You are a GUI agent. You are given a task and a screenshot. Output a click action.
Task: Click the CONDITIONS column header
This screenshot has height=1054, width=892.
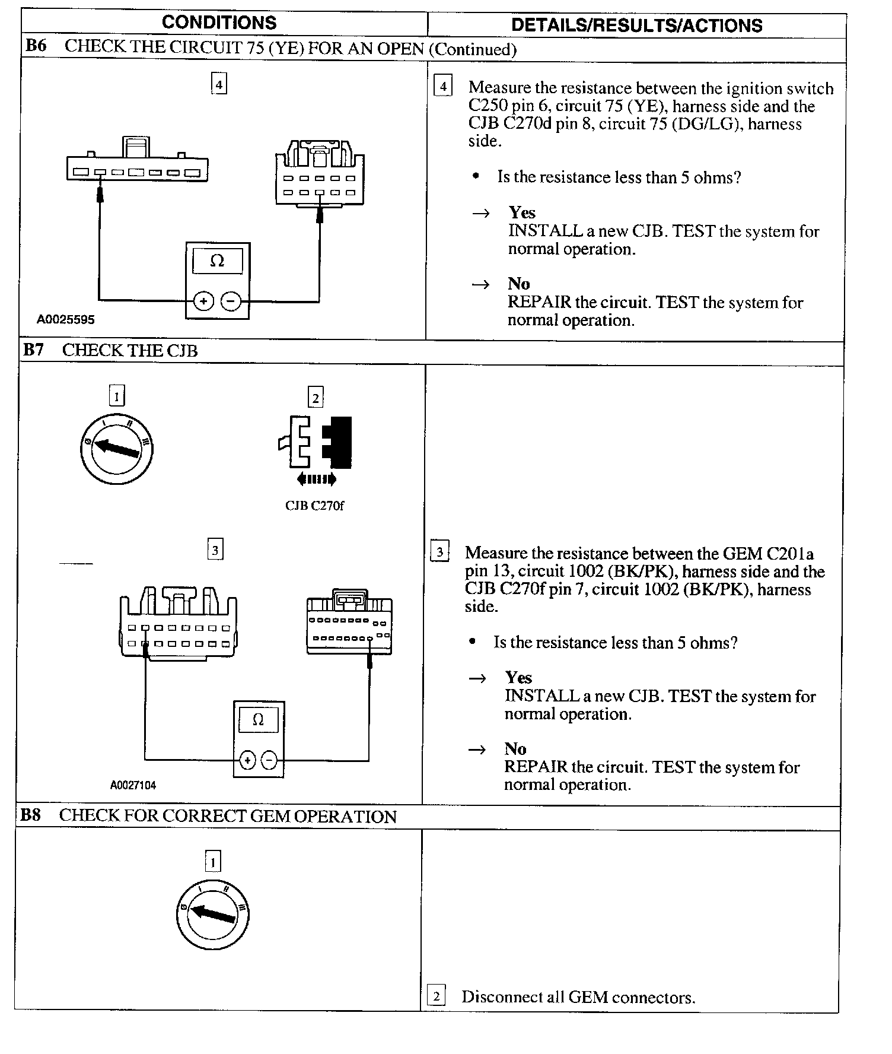pos(219,23)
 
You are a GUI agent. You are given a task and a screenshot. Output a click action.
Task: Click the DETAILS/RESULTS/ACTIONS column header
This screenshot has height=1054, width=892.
pos(636,26)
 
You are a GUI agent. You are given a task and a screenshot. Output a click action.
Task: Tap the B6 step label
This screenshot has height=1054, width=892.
pos(36,46)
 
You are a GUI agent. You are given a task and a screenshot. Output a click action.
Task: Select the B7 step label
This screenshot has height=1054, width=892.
pos(33,350)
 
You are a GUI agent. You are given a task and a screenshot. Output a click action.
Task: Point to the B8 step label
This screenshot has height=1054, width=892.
pos(30,815)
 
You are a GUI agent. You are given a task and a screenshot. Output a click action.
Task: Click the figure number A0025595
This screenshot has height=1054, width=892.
pos(65,320)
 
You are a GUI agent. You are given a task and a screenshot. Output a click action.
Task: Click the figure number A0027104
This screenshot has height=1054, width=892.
pos(133,785)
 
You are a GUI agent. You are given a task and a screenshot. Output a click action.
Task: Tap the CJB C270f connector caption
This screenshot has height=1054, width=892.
pos(314,506)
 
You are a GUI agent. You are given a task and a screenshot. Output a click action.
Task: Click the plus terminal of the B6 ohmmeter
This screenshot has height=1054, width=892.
pos(203,301)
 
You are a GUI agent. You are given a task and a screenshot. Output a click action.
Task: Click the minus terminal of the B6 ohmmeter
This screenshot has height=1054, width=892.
pos(231,301)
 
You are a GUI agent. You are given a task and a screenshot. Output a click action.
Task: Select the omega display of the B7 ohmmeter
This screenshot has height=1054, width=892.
pos(258,720)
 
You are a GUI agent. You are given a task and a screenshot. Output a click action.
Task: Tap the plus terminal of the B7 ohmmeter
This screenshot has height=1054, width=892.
pos(247,760)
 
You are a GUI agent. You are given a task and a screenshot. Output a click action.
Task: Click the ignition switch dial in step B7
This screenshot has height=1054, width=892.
pos(117,449)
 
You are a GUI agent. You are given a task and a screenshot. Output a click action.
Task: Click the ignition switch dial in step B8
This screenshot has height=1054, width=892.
pos(212,914)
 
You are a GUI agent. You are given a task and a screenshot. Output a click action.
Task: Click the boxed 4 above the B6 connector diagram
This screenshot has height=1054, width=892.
pos(219,84)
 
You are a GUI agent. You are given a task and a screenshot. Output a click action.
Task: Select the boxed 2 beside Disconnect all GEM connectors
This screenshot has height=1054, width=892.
pos(436,996)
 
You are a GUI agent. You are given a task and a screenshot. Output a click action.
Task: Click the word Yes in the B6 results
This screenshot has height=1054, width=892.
pos(522,212)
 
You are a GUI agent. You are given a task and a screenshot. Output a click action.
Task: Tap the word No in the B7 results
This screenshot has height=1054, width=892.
pos(515,748)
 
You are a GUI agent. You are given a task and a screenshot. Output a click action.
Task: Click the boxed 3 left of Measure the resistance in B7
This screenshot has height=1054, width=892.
pos(439,552)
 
